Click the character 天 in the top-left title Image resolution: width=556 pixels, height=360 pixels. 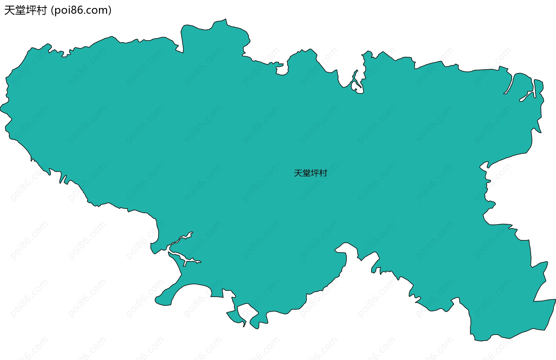(x=10, y=10)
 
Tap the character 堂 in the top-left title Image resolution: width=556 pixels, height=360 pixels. (x=20, y=10)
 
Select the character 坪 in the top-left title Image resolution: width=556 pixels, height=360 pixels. (x=31, y=10)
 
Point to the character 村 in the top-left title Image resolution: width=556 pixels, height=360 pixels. (x=42, y=10)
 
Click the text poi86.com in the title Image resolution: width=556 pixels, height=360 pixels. (x=81, y=10)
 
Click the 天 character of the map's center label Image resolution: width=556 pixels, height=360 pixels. (x=298, y=173)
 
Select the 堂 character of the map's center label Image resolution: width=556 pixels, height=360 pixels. (x=306, y=173)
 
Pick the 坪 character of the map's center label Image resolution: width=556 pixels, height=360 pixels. (x=315, y=173)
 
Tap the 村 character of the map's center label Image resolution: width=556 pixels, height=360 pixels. (x=323, y=173)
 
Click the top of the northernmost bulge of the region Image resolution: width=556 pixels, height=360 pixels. (x=225, y=20)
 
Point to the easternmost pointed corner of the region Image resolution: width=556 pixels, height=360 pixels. (x=555, y=300)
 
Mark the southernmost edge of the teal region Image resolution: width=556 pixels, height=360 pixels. (x=481, y=341)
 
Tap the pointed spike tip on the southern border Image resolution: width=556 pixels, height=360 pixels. (x=244, y=326)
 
